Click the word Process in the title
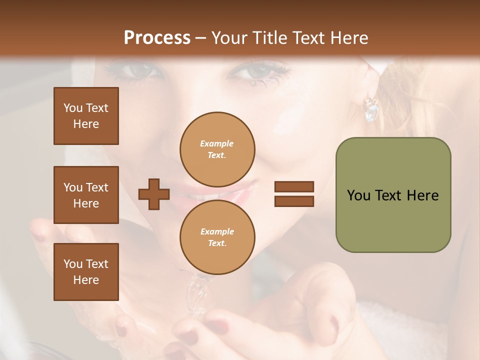pyautogui.click(x=157, y=38)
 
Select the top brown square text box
pyautogui.click(x=86, y=116)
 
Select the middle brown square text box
pyautogui.click(x=86, y=195)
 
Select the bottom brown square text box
pyautogui.click(x=86, y=271)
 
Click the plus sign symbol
pyautogui.click(x=153, y=194)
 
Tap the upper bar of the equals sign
pyautogui.click(x=294, y=187)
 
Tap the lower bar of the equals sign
pyautogui.click(x=294, y=201)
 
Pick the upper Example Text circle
pyautogui.click(x=217, y=149)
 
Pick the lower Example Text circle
pyautogui.click(x=217, y=237)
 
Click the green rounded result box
pyautogui.click(x=393, y=195)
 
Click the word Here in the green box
pyautogui.click(x=422, y=195)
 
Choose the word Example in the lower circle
pyautogui.click(x=217, y=231)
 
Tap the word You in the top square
pyautogui.click(x=72, y=108)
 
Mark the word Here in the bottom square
pyautogui.click(x=86, y=280)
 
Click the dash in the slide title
pyautogui.click(x=201, y=38)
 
